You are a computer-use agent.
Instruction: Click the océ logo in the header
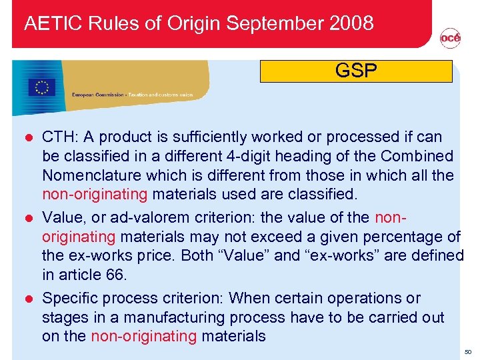450,39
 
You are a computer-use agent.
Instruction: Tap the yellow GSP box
356,71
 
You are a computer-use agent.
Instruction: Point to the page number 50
468,351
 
